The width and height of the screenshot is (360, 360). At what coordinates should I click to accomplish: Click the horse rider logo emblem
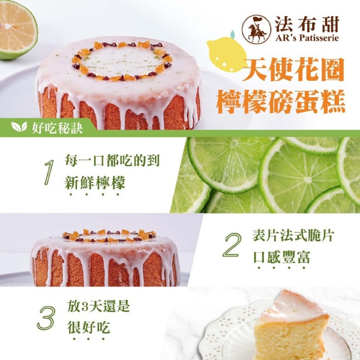point(256,29)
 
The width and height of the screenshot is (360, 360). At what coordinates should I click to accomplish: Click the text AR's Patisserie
point(307,37)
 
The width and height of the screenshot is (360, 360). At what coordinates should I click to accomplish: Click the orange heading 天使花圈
point(293,70)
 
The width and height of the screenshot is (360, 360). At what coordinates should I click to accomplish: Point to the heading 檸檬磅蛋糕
point(281,101)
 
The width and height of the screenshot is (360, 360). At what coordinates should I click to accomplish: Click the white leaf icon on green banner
point(19,127)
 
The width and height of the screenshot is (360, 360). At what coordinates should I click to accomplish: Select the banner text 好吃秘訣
point(57,128)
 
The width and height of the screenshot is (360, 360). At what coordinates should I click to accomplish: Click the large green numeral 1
point(49,172)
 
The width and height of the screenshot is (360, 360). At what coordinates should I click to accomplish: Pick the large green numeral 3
point(46,318)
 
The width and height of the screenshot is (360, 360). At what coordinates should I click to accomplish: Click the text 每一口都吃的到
point(112,160)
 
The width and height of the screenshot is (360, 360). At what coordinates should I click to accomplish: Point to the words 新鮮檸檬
point(95,183)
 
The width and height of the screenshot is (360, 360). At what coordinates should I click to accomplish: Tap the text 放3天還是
point(98,306)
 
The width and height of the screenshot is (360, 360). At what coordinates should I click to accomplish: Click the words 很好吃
point(89,327)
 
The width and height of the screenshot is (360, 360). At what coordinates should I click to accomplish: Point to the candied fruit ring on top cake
point(122,61)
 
